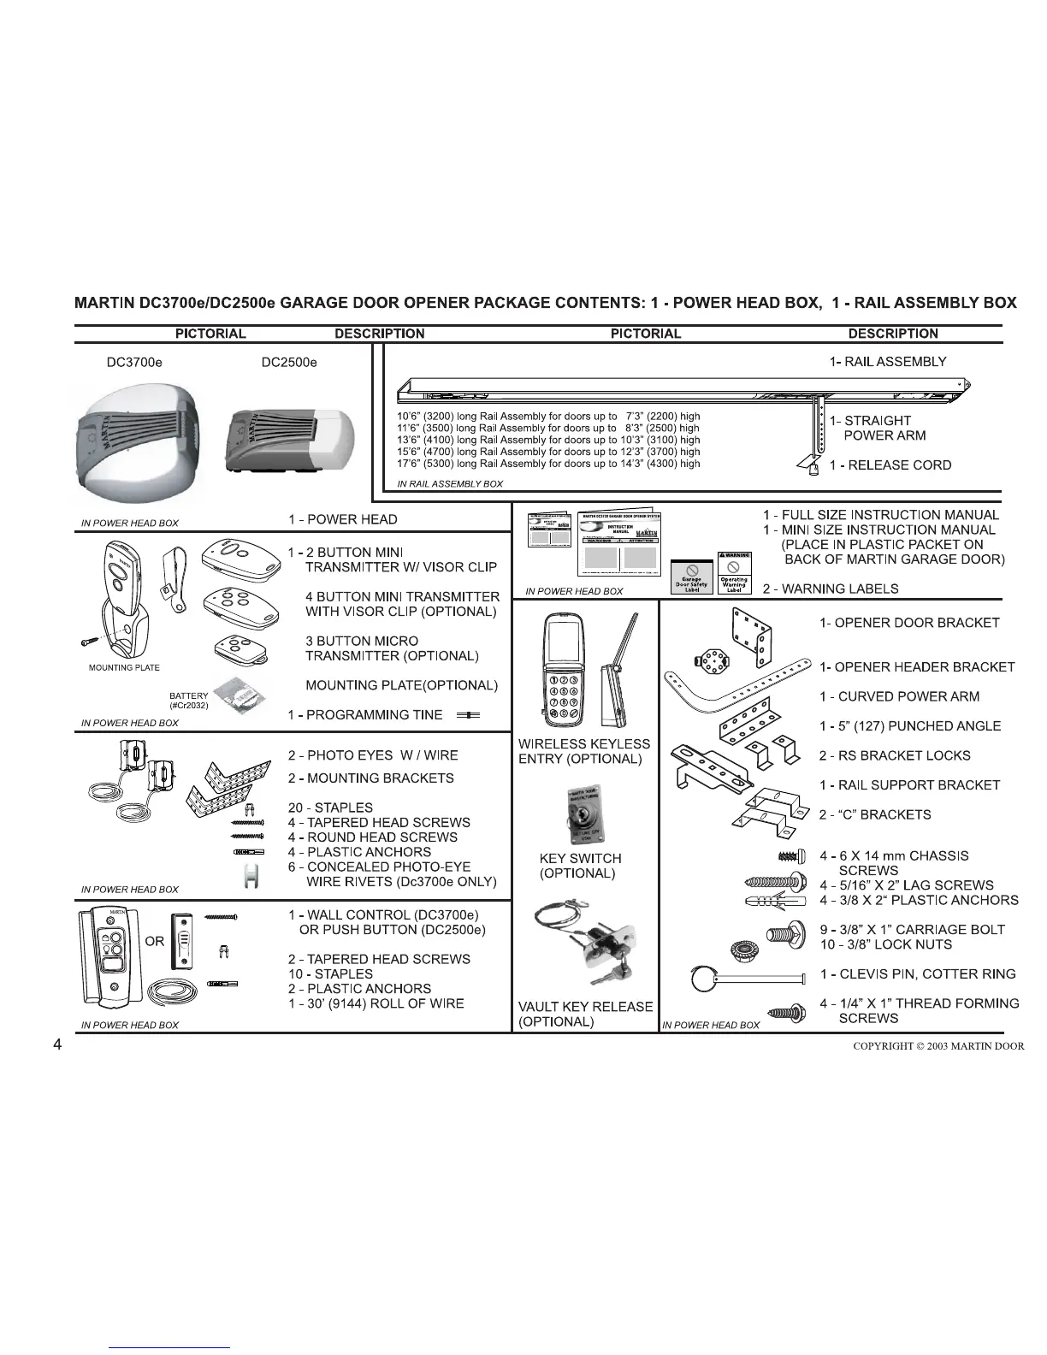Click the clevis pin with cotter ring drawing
coord(748,976)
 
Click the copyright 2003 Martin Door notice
coord(938,1045)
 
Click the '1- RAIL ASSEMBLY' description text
coord(888,361)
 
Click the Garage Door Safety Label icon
coord(691,577)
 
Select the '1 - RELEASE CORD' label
coord(890,465)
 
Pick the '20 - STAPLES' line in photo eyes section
coord(330,808)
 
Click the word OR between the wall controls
coord(154,941)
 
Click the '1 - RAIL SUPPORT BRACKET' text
coord(909,785)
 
